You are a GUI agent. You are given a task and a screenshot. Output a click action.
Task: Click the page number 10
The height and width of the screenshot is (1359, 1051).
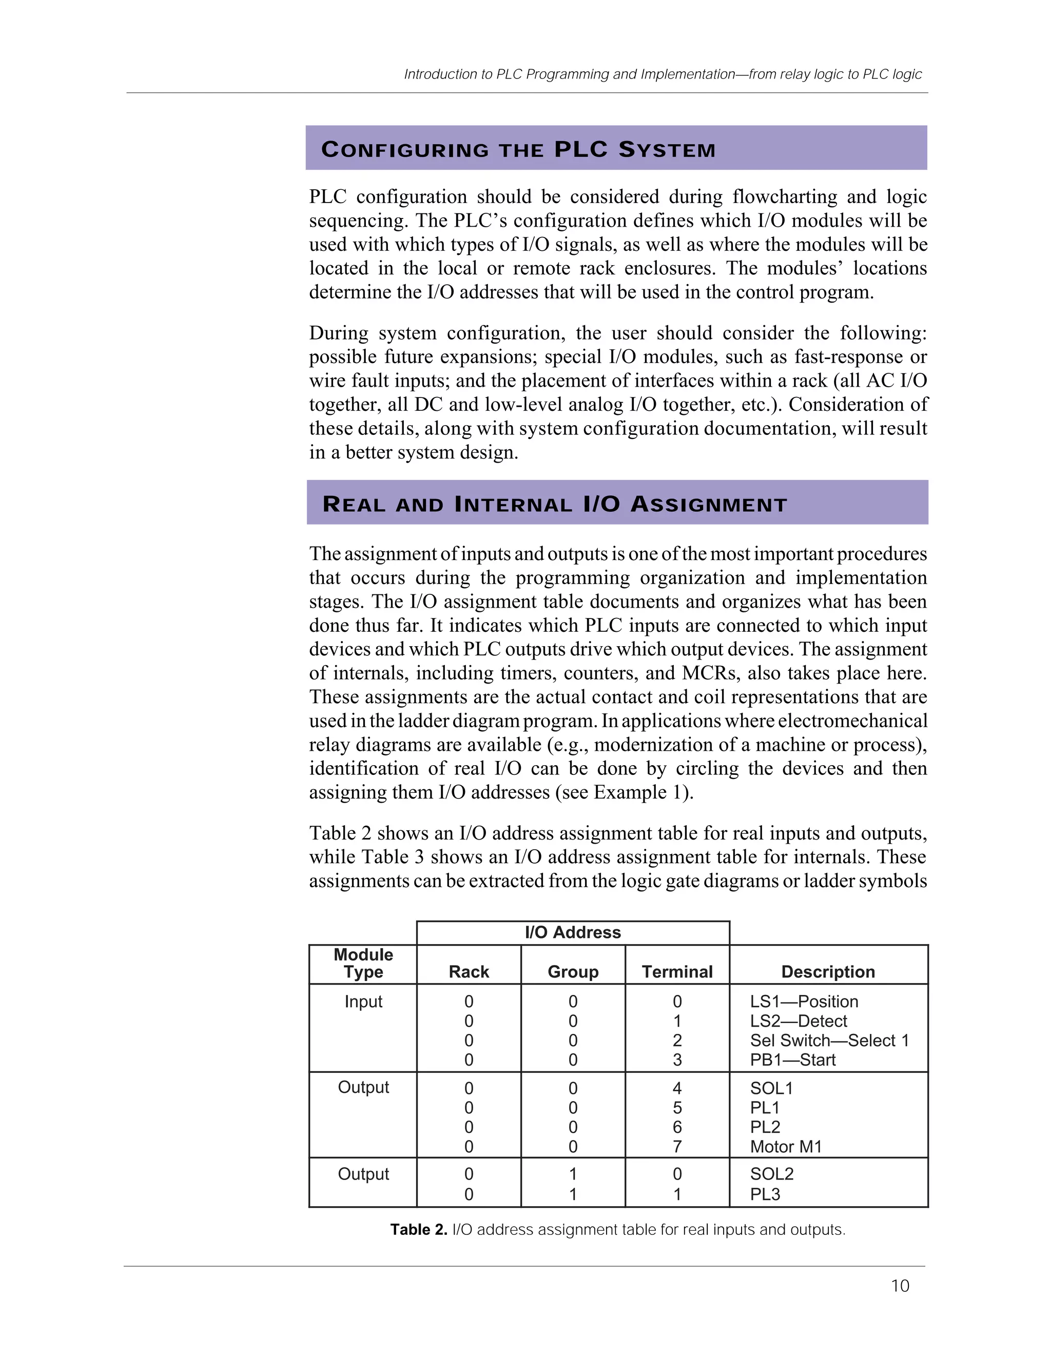click(x=900, y=1286)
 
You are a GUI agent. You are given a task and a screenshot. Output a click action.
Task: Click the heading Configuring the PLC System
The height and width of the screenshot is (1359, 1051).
click(x=518, y=149)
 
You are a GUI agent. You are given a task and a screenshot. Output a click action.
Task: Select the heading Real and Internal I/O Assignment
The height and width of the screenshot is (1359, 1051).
click(x=554, y=504)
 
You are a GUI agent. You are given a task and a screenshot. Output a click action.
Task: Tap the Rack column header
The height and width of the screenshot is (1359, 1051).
click(x=469, y=971)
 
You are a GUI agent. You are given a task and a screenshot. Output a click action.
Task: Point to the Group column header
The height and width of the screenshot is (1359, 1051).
click(x=573, y=971)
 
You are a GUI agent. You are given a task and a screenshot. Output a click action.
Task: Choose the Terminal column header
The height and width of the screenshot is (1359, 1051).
click(x=677, y=971)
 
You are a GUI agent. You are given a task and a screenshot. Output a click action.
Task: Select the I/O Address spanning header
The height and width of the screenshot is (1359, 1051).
click(x=573, y=932)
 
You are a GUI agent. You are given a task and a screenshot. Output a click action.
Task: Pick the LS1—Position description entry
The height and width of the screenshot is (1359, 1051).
click(x=804, y=1001)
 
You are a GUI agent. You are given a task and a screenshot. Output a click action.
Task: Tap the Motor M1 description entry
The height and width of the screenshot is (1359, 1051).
click(x=786, y=1146)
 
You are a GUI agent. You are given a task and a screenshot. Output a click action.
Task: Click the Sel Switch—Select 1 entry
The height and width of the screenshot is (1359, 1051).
click(x=829, y=1040)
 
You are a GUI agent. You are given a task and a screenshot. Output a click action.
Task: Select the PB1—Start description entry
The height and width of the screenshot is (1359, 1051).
click(x=792, y=1059)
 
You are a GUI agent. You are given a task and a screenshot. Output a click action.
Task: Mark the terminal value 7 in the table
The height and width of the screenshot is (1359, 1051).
click(x=677, y=1146)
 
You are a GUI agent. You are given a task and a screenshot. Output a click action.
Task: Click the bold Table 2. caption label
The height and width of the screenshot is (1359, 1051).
click(x=418, y=1230)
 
